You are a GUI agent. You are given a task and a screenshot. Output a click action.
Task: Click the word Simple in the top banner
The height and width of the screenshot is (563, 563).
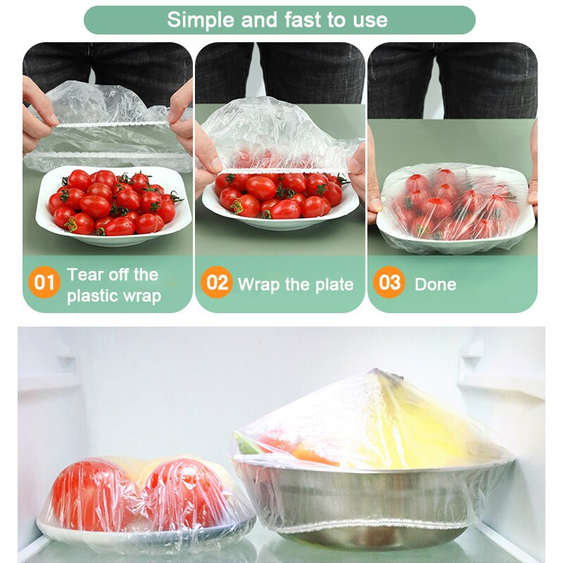201,20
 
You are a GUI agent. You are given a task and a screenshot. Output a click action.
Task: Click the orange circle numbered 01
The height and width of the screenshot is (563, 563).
44,282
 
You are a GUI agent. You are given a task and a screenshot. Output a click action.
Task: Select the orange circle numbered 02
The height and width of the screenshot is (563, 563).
217,282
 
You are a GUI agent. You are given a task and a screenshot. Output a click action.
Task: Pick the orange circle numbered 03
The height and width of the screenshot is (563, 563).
389,282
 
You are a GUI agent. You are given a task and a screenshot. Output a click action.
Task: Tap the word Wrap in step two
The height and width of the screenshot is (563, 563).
258,285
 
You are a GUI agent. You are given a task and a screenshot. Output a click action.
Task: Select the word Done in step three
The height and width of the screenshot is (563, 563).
436,285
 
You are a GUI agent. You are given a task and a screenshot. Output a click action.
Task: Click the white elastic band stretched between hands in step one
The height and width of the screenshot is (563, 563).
111,125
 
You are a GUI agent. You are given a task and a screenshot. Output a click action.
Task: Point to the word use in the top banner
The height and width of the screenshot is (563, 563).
370,20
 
